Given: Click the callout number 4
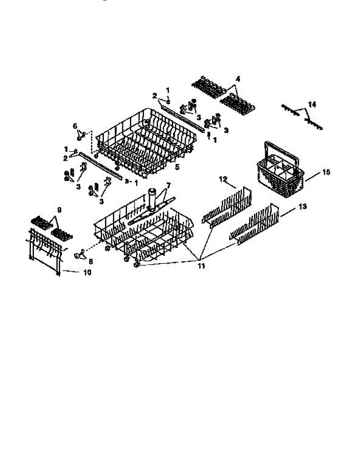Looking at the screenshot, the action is pyautogui.click(x=238, y=79).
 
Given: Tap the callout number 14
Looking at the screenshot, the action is pyautogui.click(x=312, y=104).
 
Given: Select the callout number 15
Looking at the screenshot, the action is pyautogui.click(x=326, y=172).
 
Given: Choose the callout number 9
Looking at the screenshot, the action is pyautogui.click(x=59, y=210).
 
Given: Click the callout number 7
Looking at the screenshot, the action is pyautogui.click(x=169, y=184).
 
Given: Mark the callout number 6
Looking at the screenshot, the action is pyautogui.click(x=75, y=126).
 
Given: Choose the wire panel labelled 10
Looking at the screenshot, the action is pyautogui.click(x=46, y=249).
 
